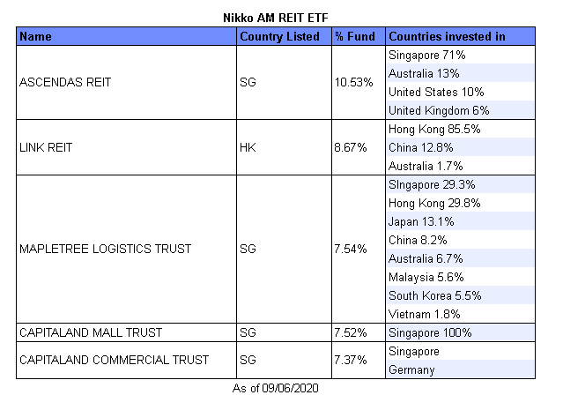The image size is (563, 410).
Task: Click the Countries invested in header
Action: [447, 36]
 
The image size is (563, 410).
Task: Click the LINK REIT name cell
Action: [45, 147]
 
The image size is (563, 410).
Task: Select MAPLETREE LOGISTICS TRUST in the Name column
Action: [105, 249]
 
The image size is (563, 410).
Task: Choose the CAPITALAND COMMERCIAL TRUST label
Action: [114, 360]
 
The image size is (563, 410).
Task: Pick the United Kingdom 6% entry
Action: [438, 110]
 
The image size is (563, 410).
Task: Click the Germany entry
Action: [411, 369]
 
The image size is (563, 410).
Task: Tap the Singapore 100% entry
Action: [430, 332]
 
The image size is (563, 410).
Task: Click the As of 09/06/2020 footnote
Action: [281, 388]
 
